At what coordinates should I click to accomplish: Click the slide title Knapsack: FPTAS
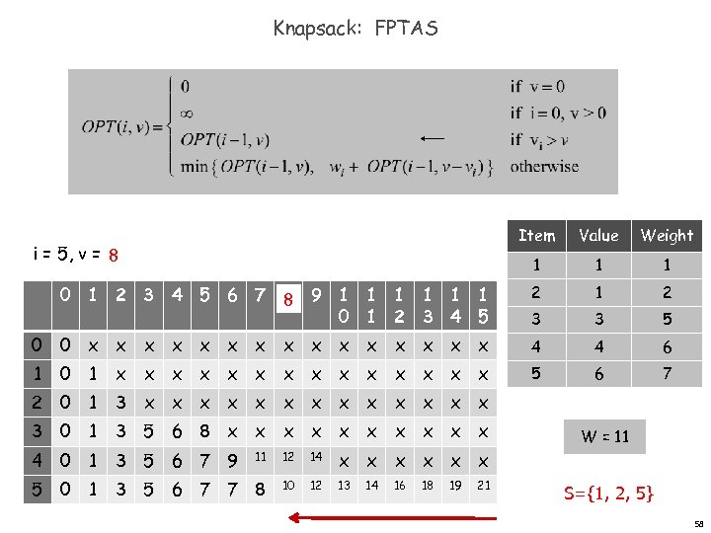click(x=355, y=29)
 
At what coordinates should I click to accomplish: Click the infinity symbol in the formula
click(x=187, y=114)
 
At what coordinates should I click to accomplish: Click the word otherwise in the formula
click(x=544, y=166)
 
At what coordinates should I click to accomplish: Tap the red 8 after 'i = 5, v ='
click(x=114, y=256)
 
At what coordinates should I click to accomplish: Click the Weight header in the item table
click(x=667, y=235)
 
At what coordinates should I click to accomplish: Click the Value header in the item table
click(x=598, y=235)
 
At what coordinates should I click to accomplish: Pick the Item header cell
click(x=537, y=235)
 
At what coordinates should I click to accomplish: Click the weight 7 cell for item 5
click(x=667, y=374)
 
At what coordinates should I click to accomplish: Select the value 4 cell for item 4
click(x=598, y=347)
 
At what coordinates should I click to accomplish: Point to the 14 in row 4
click(x=316, y=458)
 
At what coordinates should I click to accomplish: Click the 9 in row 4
click(x=233, y=460)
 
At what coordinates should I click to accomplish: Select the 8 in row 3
click(x=205, y=432)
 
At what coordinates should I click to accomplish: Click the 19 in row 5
click(x=454, y=487)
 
